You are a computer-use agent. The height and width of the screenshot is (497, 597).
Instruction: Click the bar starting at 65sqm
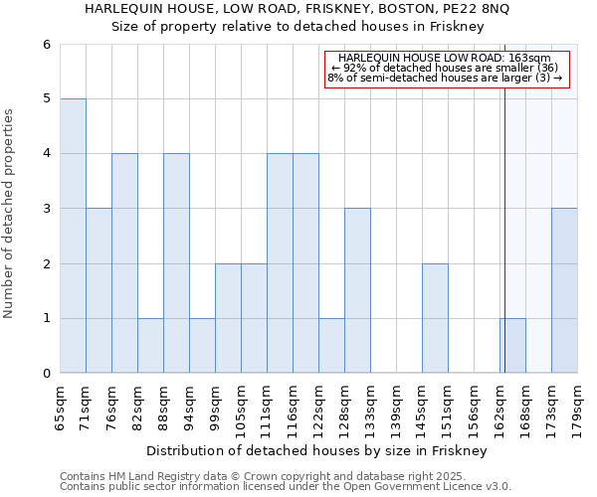point(73,236)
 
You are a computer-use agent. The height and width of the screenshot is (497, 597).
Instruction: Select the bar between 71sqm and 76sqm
point(99,290)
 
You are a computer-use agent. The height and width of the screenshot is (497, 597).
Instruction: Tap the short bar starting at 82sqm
point(150,345)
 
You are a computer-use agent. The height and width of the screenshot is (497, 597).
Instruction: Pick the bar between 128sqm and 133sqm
point(358,290)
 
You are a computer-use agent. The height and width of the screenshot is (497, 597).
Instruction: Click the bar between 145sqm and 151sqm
point(435,318)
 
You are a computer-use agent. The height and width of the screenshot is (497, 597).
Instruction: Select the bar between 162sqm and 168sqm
point(512,345)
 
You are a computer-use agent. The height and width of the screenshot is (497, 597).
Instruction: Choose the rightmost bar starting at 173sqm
point(564,290)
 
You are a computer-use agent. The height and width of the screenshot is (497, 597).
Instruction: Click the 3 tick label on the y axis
point(46,209)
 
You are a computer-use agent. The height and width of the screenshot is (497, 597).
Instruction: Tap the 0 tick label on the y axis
point(46,374)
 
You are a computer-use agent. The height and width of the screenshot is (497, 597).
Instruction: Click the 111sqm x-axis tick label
point(268,406)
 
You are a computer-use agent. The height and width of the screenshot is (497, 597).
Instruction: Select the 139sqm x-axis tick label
point(397,406)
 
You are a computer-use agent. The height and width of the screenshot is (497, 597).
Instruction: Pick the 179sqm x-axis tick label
point(578,406)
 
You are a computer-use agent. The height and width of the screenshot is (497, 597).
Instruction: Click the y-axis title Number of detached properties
point(10,215)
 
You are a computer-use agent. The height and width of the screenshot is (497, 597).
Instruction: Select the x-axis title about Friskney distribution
point(318,450)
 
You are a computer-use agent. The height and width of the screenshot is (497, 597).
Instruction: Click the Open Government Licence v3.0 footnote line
point(286,487)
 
